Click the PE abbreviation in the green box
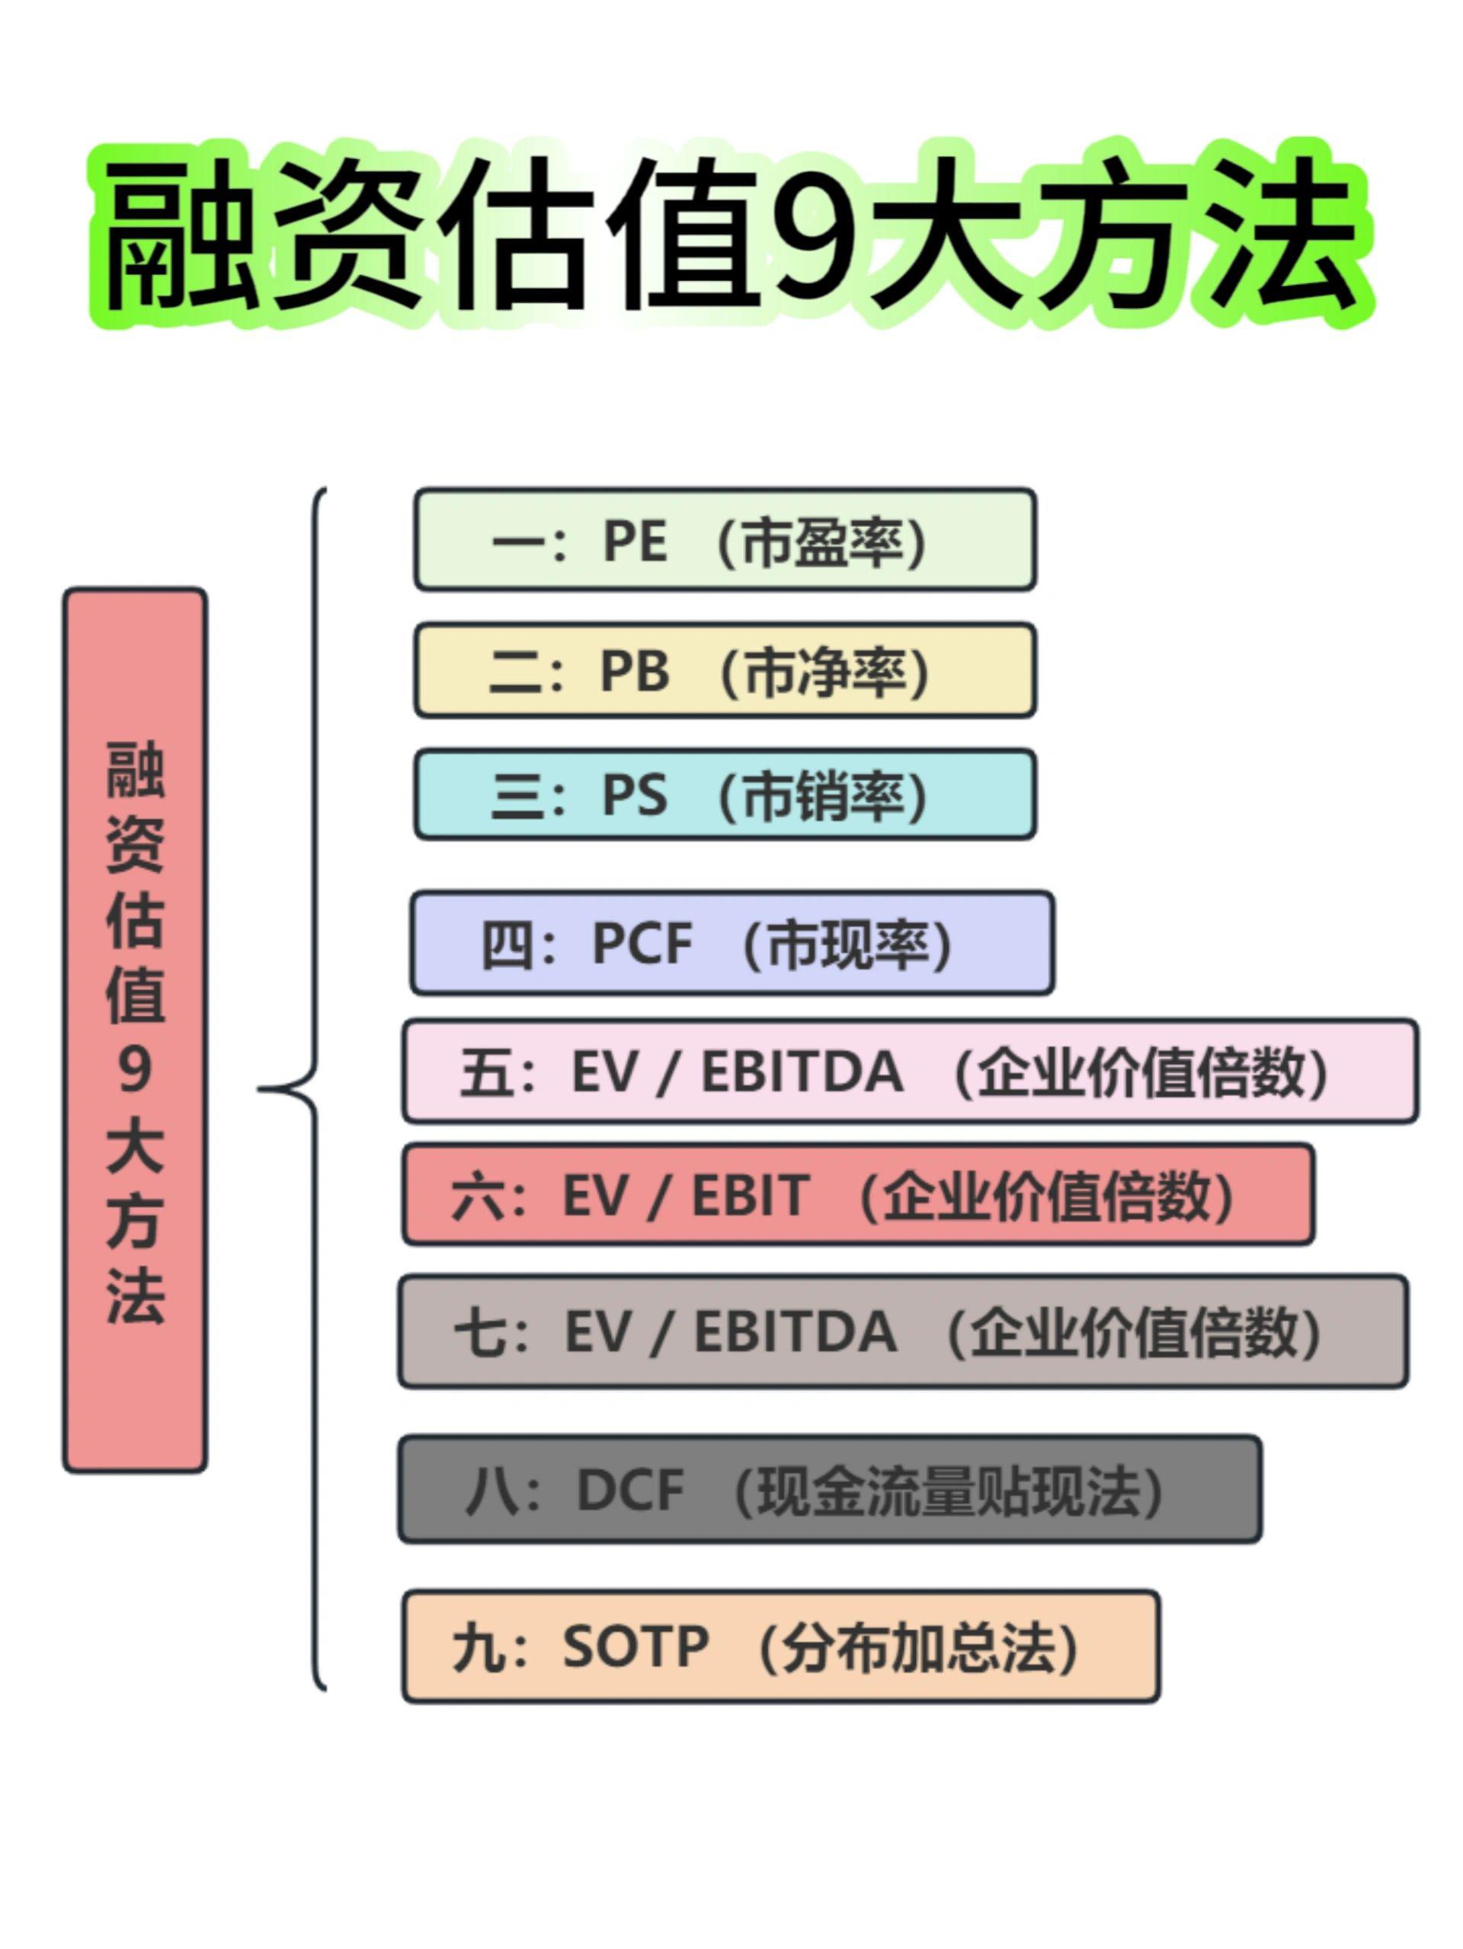tap(635, 540)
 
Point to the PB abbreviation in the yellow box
tap(635, 672)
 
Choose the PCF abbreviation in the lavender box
tap(642, 944)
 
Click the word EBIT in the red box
tap(750, 1196)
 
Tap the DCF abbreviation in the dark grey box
tap(630, 1490)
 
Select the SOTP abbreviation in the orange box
tap(635, 1645)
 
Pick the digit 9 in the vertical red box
tap(135, 1069)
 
